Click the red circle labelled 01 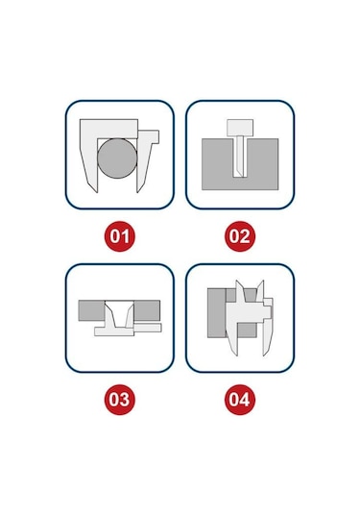coord(120,236)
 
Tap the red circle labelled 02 coord(240,236)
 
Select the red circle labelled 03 coord(120,400)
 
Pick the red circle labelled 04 coord(240,400)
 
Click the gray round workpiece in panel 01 coord(117,159)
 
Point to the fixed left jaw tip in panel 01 coord(97,192)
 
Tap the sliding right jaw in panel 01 coord(146,158)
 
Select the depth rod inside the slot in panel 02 coord(239,157)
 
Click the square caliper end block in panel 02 coord(240,128)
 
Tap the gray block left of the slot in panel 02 coord(218,164)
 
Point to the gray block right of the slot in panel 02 coord(262,164)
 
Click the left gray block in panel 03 coord(91,310)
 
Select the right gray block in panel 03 coord(147,310)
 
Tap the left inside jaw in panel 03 coord(109,314)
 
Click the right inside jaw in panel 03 coord(130,315)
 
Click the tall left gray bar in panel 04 coord(217,313)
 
